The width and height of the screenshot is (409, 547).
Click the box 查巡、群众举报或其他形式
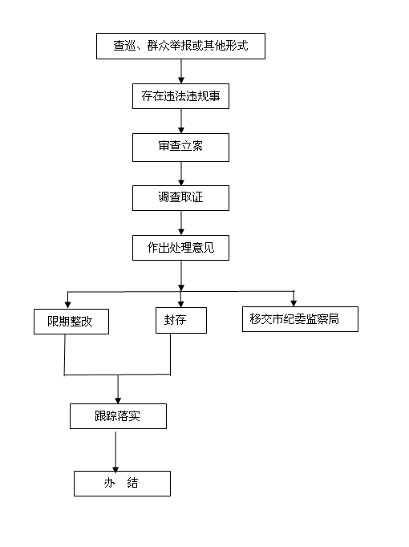point(180,46)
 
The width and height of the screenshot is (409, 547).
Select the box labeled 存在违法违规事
point(180,96)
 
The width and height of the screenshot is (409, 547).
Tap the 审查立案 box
point(180,148)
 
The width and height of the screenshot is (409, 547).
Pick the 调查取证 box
point(180,198)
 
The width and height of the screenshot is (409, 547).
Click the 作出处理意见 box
point(180,248)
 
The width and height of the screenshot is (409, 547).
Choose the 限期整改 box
point(71,322)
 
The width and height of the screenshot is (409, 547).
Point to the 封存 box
point(181,320)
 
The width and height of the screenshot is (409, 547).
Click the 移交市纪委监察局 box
point(300,319)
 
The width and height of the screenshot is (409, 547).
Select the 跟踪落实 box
point(118,416)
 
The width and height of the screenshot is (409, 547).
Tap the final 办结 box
point(122,484)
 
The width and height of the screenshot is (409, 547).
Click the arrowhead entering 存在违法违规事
point(181,80)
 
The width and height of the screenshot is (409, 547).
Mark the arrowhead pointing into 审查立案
point(181,131)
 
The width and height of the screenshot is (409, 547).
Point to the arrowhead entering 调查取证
point(181,182)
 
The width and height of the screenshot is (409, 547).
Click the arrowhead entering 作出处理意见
point(181,232)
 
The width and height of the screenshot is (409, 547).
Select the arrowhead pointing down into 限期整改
point(68,306)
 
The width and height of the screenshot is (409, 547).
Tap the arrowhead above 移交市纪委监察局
point(294,303)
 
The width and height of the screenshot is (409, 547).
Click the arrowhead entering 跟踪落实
point(118,400)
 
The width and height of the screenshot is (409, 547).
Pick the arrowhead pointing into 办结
point(115,468)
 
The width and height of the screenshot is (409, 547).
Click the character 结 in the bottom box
point(132,483)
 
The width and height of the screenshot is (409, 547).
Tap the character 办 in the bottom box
point(109,483)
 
